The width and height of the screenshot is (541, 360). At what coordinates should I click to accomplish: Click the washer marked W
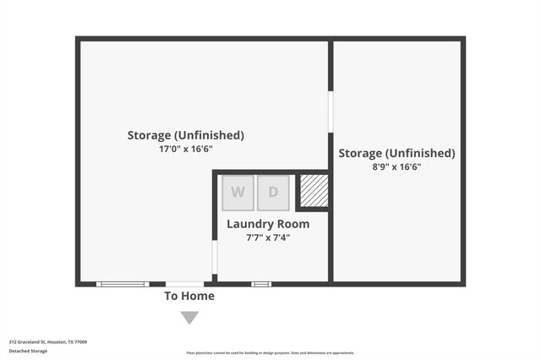pyautogui.click(x=238, y=193)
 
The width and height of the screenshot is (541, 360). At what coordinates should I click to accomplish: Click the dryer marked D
pyautogui.click(x=273, y=193)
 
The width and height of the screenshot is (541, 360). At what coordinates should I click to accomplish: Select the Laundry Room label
pyautogui.click(x=268, y=224)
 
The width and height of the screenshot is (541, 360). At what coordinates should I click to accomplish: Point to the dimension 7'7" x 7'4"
pyautogui.click(x=268, y=237)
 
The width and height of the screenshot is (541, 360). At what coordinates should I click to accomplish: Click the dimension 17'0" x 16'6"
pyautogui.click(x=186, y=149)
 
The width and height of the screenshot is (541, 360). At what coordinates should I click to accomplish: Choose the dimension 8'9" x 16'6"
pyautogui.click(x=396, y=167)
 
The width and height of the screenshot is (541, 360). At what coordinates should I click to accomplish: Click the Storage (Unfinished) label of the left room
pyautogui.click(x=186, y=135)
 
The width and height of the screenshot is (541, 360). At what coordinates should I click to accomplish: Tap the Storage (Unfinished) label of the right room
pyautogui.click(x=396, y=153)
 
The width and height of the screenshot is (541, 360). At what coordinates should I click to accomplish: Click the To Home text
pyautogui.click(x=189, y=296)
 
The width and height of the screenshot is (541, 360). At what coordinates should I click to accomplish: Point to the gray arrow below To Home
pyautogui.click(x=189, y=318)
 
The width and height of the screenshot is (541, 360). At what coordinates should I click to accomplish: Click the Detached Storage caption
pyautogui.click(x=29, y=351)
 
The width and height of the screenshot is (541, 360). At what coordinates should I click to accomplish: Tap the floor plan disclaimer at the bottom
pyautogui.click(x=270, y=353)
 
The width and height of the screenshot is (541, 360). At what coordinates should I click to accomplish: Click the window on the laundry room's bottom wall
pyautogui.click(x=261, y=284)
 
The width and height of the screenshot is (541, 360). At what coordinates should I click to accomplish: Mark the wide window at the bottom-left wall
pyautogui.click(x=123, y=284)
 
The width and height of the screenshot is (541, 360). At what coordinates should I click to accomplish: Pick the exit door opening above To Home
pyautogui.click(x=184, y=284)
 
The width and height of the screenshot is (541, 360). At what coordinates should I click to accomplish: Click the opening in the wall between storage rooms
pyautogui.click(x=331, y=112)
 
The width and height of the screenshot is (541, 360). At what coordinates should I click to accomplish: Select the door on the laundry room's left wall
pyautogui.click(x=215, y=258)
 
